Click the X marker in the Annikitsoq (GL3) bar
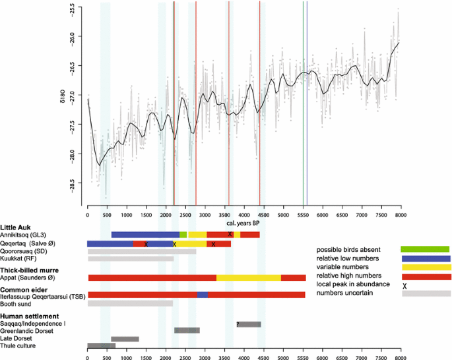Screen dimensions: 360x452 (x=230, y=235)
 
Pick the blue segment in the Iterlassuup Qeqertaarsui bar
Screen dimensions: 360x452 (x=203, y=295)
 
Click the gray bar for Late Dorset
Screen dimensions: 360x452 (x=125, y=339)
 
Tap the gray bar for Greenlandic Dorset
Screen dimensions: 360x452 (x=187, y=330)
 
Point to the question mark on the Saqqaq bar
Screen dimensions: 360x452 (x=238, y=324)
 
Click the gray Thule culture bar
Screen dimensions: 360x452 (x=101, y=345)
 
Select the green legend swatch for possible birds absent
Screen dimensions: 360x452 (x=426, y=249)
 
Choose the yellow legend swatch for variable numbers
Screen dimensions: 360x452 (x=426, y=268)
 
